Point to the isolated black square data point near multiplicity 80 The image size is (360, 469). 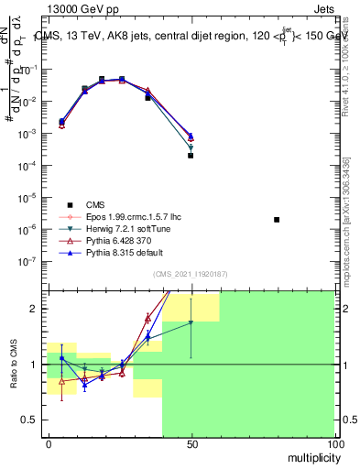point(277,220)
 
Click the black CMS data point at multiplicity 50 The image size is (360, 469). point(191,156)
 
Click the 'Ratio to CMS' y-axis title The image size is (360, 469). point(14,362)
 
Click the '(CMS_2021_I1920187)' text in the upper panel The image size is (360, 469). point(191,273)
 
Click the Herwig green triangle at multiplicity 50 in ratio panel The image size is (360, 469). point(191,322)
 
